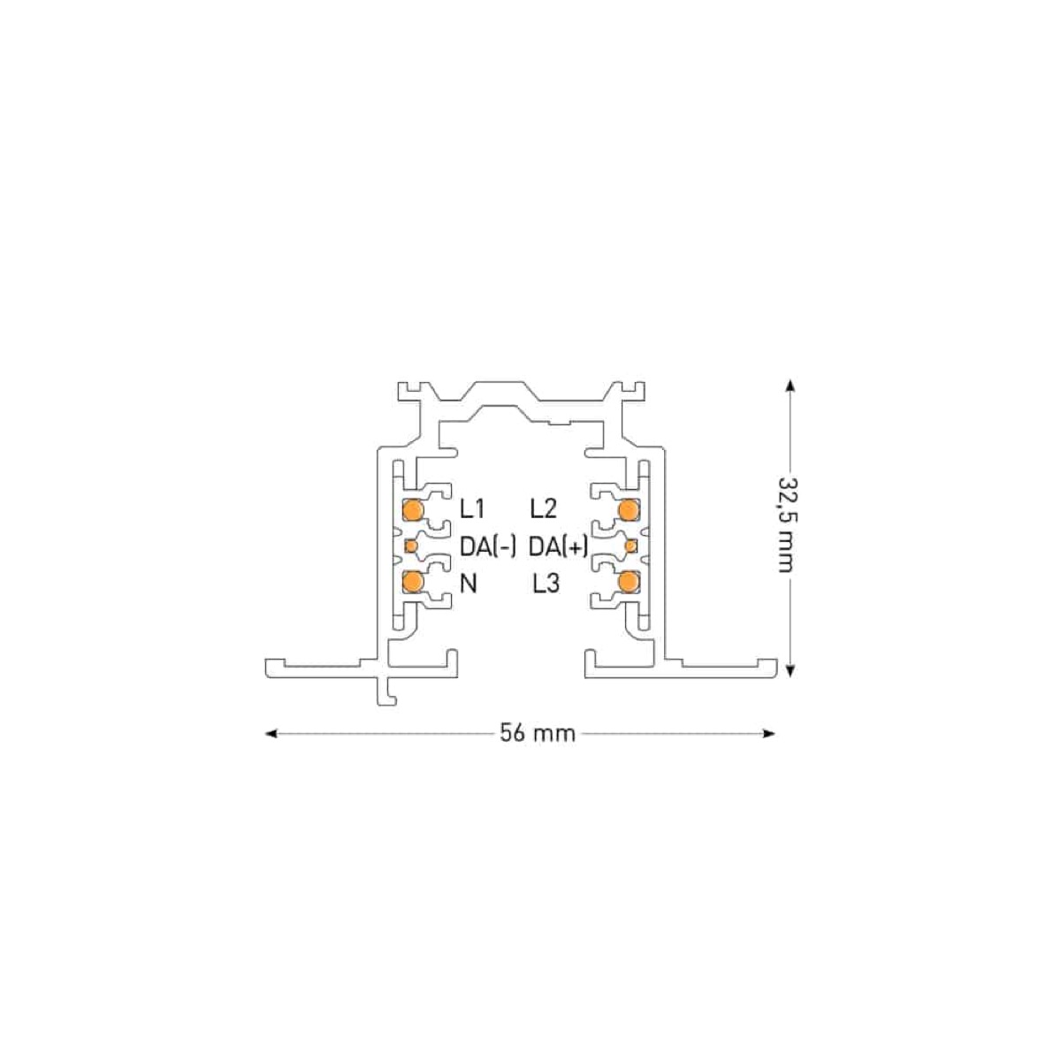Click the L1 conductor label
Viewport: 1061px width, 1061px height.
(x=472, y=509)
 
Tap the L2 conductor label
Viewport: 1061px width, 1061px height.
(x=544, y=509)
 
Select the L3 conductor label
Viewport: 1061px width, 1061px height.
(x=546, y=584)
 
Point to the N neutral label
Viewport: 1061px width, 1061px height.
(x=468, y=584)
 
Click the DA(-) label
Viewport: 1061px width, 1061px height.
(x=488, y=546)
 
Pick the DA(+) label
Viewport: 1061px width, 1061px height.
(x=558, y=546)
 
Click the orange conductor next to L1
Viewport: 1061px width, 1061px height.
(x=413, y=510)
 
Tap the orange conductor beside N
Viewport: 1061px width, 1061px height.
(x=413, y=582)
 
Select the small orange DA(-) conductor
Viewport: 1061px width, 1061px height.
(x=411, y=546)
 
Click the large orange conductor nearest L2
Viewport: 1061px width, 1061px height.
(x=628, y=510)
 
